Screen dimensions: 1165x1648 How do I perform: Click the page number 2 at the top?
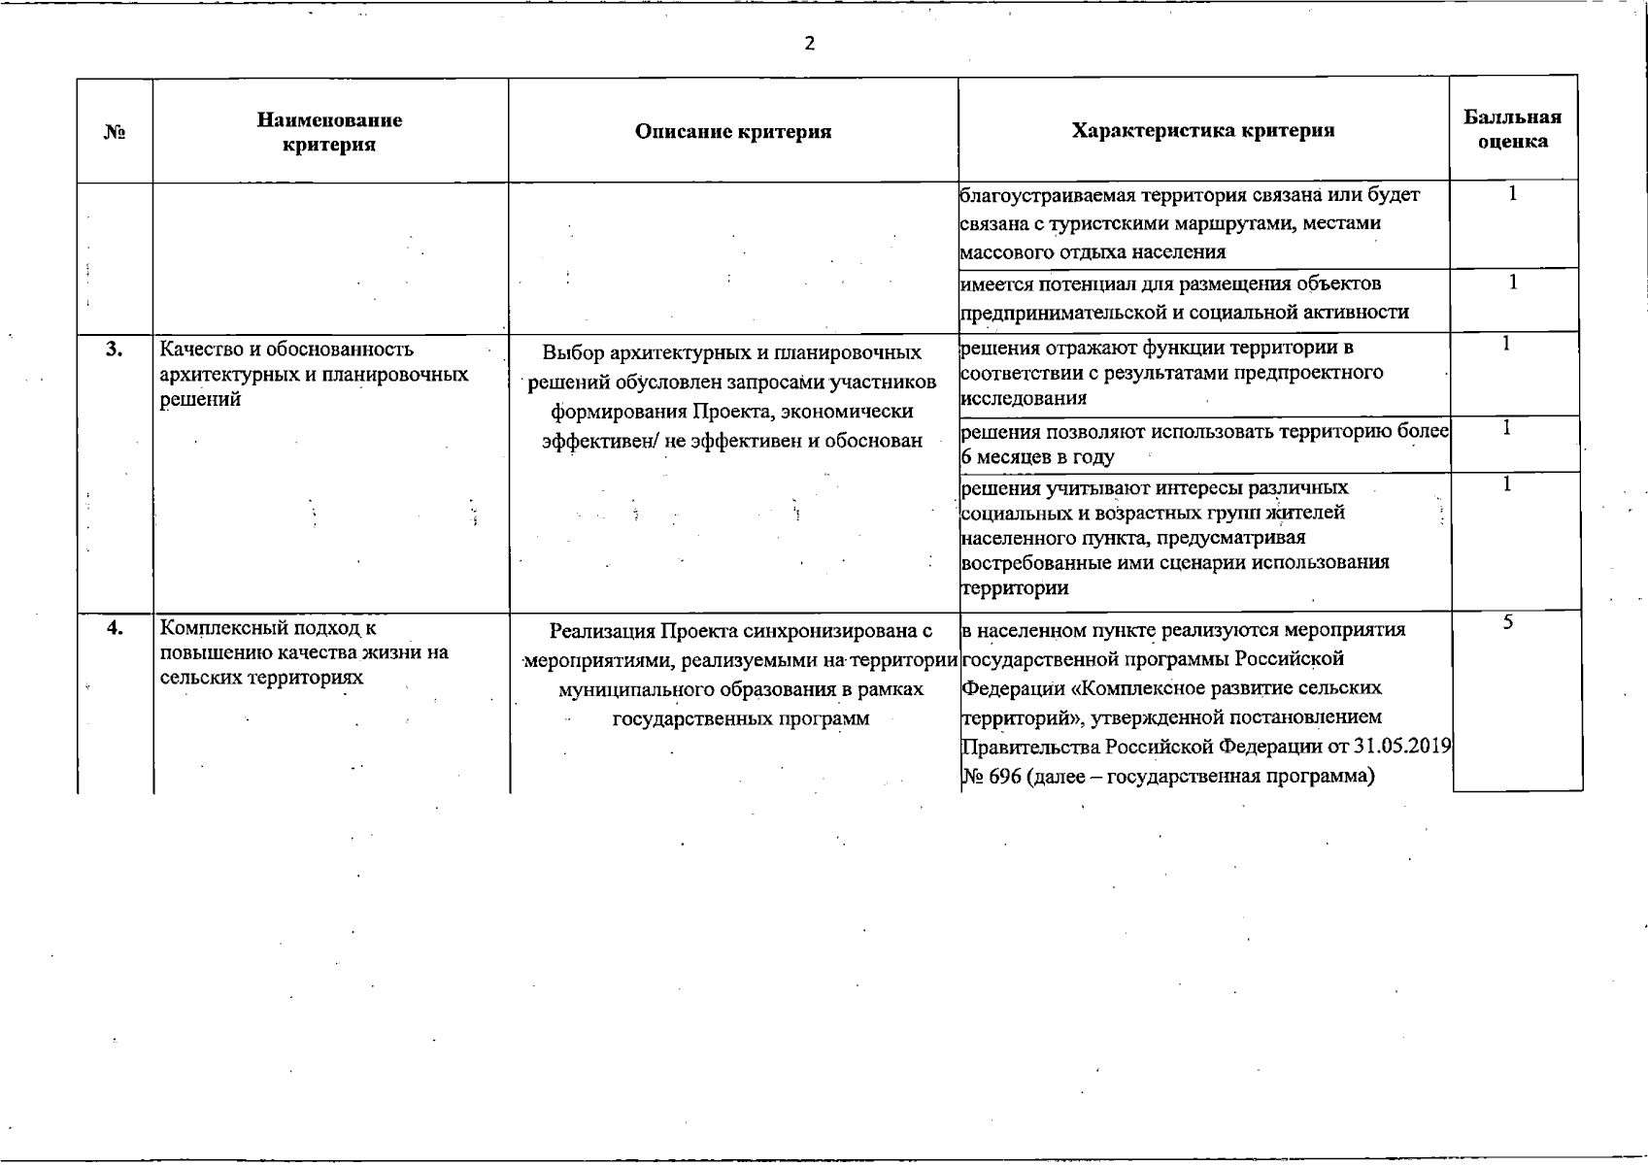point(810,44)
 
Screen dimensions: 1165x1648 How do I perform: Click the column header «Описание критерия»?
point(733,131)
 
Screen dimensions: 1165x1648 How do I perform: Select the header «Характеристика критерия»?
point(1202,131)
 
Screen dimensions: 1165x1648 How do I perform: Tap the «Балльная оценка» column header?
point(1512,129)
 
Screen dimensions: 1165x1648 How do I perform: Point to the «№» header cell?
point(115,132)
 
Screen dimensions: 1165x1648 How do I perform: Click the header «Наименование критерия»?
point(329,132)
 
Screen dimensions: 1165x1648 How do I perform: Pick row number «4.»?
point(115,628)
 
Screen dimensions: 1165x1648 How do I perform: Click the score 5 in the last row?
point(1507,623)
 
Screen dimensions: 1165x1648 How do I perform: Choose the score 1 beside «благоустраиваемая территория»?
point(1513,194)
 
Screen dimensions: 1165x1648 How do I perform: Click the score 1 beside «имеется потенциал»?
point(1513,283)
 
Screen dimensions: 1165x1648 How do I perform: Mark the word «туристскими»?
point(1093,223)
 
